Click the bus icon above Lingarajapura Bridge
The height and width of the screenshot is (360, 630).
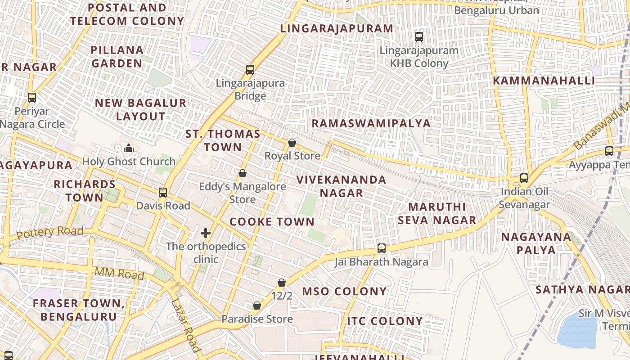click(250, 70)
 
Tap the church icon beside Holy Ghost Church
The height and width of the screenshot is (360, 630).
click(129, 148)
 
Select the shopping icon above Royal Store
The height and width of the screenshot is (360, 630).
click(292, 143)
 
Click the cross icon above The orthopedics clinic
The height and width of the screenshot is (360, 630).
click(206, 233)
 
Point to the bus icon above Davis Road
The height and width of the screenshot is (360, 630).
click(163, 193)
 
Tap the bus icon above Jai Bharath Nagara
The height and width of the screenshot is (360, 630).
click(382, 248)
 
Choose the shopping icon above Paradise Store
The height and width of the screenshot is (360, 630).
click(257, 306)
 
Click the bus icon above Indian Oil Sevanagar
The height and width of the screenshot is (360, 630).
click(524, 178)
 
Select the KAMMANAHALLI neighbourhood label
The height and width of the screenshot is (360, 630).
click(544, 81)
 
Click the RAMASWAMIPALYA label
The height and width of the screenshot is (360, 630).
click(371, 123)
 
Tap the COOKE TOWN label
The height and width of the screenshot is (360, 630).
click(272, 221)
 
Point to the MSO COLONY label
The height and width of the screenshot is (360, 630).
click(344, 291)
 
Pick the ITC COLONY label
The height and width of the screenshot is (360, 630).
click(385, 321)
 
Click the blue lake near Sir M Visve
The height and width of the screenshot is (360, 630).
click(577, 331)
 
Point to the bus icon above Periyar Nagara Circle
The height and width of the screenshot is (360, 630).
click(32, 97)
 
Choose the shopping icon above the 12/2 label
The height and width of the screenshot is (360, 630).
click(282, 283)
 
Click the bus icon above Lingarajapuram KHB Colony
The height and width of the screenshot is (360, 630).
click(419, 36)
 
